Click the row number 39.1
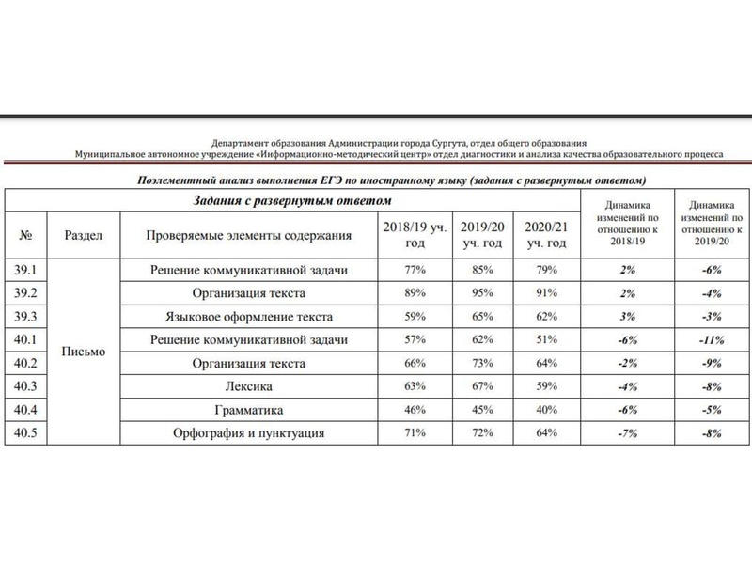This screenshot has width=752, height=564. (26, 271)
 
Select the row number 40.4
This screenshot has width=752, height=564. (26, 410)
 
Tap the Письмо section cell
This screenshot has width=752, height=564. (83, 352)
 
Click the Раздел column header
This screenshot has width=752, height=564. (83, 234)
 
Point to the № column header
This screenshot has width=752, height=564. (26, 234)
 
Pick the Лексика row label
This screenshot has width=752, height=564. (250, 387)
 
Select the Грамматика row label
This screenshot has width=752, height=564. (250, 410)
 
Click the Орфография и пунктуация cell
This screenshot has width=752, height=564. (250, 433)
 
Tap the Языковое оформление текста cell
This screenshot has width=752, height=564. (250, 317)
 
